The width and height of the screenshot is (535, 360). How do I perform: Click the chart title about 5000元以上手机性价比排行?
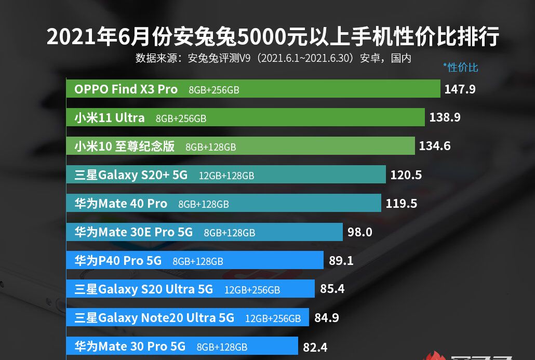coord(273,37)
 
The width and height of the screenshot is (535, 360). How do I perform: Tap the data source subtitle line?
coord(273,58)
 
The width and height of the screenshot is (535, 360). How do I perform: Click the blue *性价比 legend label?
coord(460,68)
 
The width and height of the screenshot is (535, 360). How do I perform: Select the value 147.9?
coord(460,89)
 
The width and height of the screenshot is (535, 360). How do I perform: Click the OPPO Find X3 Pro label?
coord(126,89)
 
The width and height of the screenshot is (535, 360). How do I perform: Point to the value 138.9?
coord(445,118)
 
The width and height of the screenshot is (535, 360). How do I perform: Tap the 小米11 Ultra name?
coord(110,118)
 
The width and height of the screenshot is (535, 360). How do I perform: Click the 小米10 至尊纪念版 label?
coord(125,146)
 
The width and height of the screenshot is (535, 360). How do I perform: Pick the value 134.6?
coord(435,146)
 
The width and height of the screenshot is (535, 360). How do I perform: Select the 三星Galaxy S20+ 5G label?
coord(131,175)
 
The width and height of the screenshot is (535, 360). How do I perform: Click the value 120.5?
coord(406,175)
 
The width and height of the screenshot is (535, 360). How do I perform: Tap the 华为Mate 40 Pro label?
coord(121,204)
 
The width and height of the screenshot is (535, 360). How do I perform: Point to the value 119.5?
coord(402,204)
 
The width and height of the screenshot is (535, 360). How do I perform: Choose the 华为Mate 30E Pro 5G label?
coord(133,232)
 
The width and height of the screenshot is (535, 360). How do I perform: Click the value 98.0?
coord(360,232)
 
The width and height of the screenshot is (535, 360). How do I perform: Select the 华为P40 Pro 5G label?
coord(118,261)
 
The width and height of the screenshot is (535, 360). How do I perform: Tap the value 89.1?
coord(341,261)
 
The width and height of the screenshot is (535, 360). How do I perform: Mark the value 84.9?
coord(327,318)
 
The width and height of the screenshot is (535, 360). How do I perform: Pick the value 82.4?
coord(315,346)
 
